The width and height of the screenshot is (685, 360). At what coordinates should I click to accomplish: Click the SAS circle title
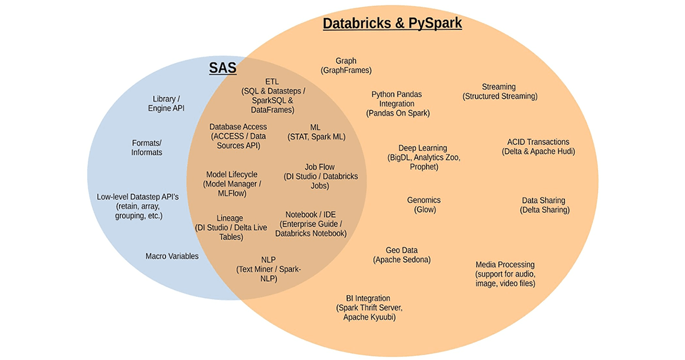tap(222, 68)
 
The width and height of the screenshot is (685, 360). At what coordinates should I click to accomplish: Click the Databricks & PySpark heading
tap(392, 23)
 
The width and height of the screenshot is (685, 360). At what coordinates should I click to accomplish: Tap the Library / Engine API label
tap(166, 103)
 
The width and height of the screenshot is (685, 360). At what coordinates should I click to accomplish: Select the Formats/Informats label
tap(147, 148)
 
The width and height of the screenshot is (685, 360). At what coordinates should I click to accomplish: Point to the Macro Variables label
tap(172, 256)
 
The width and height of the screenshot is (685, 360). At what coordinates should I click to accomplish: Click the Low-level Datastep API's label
tap(138, 206)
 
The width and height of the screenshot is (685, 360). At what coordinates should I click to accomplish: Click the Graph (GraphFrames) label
tap(346, 66)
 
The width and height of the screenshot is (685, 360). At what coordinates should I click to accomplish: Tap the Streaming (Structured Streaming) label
tap(499, 91)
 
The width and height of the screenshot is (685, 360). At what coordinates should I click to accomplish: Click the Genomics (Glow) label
tap(424, 205)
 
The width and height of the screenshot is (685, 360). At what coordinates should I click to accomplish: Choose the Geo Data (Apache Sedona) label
tap(401, 255)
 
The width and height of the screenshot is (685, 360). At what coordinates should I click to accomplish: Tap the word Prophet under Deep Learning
tap(424, 167)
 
